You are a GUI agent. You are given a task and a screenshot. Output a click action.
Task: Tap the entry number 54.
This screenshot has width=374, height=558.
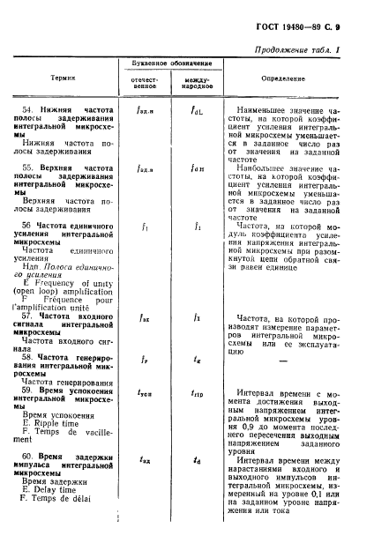pos(26,109)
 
